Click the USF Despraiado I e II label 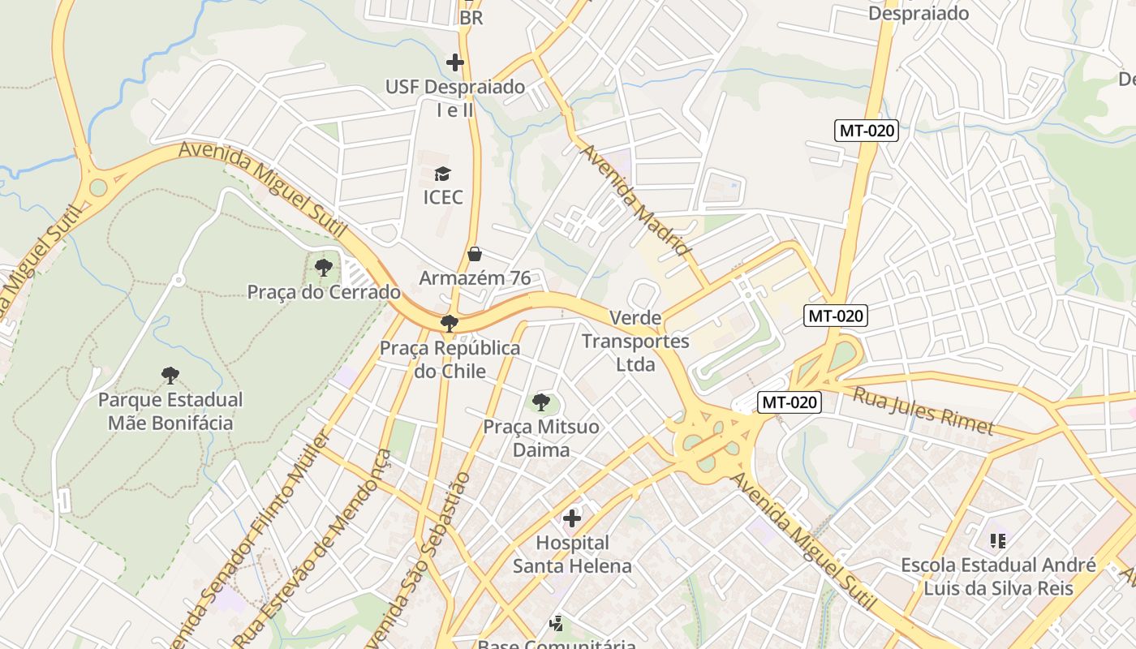tap(455, 98)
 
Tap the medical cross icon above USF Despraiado tap(455, 62)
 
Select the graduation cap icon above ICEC tap(442, 174)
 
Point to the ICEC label tap(443, 197)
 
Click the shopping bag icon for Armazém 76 tap(475, 255)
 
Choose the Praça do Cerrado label tap(324, 292)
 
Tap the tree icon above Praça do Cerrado tap(324, 267)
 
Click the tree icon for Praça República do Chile tap(449, 324)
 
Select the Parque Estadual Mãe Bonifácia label tap(170, 411)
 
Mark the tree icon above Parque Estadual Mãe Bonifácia tap(170, 375)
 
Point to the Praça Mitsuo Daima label tap(541, 438)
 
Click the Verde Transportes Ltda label tap(635, 341)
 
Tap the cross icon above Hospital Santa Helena tap(572, 518)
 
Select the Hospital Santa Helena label tap(572, 554)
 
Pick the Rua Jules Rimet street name tap(923, 410)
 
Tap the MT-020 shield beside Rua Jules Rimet tap(790, 402)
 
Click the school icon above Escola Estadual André tap(998, 540)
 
